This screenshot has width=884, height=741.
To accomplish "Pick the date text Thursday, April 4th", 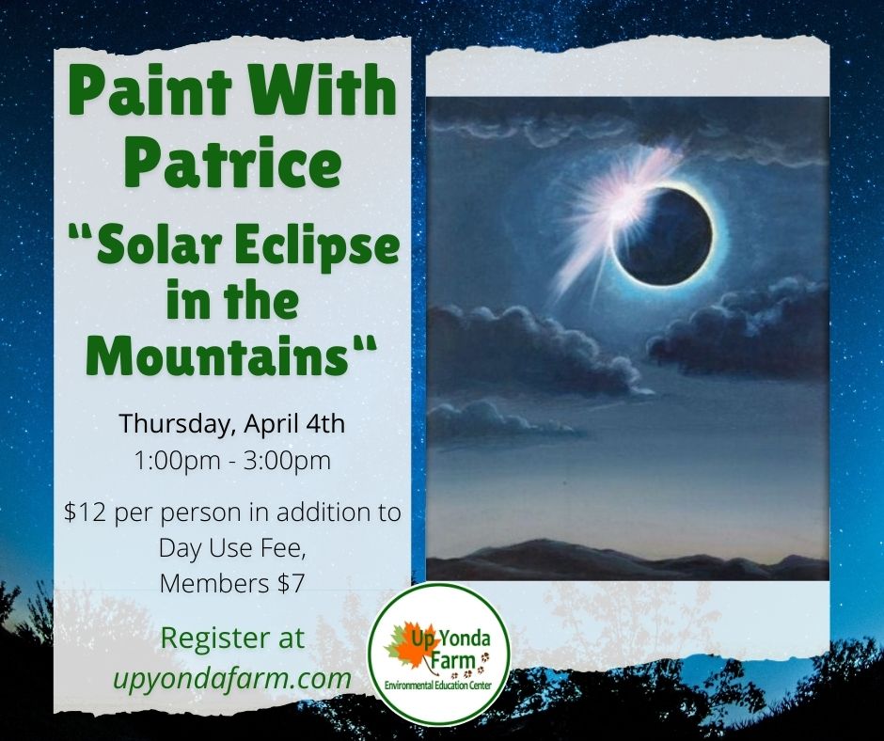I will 231,423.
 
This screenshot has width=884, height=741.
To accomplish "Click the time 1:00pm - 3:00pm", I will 231,461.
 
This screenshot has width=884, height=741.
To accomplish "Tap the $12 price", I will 82,513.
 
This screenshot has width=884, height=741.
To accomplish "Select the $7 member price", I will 284,583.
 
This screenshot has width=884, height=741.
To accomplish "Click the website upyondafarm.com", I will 231,677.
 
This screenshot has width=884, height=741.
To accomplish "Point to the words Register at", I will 231,639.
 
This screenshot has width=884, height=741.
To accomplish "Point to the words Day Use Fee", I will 231,548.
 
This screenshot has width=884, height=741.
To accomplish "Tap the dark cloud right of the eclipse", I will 743,329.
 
